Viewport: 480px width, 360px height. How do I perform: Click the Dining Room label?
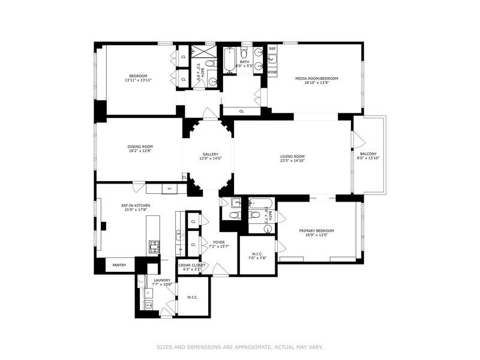pyautogui.click(x=140, y=146)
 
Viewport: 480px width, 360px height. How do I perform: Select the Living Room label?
pyautogui.click(x=293, y=157)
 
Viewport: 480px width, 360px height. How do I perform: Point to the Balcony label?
pyautogui.click(x=368, y=154)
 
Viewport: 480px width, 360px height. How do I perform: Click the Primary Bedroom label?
pyautogui.click(x=317, y=230)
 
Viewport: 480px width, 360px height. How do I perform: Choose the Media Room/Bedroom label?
pyautogui.click(x=317, y=79)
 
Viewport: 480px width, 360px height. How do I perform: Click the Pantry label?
pyautogui.click(x=119, y=265)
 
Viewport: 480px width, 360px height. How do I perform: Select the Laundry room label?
pyautogui.click(x=161, y=280)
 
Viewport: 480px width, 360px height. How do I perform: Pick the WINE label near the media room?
pyautogui.click(x=272, y=72)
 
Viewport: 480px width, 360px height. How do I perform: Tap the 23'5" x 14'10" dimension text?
pyautogui.click(x=293, y=161)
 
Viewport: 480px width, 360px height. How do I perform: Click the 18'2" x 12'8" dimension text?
pyautogui.click(x=140, y=151)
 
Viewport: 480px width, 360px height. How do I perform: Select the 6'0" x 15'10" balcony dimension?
pyautogui.click(x=368, y=158)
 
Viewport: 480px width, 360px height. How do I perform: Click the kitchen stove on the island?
pyautogui.click(x=155, y=245)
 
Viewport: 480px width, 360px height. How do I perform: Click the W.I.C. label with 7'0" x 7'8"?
pyautogui.click(x=257, y=254)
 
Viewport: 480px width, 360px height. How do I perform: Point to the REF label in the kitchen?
pyautogui.click(x=169, y=189)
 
